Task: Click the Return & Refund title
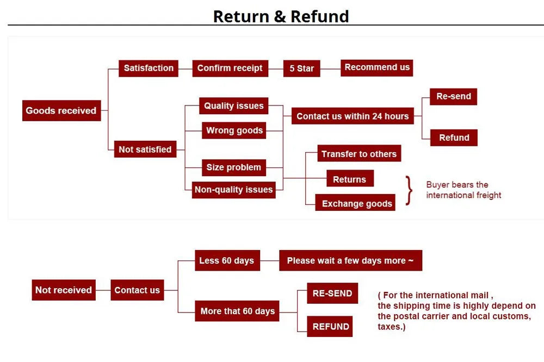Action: point(281,16)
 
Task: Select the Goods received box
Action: point(61,110)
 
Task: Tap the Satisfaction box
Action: point(149,68)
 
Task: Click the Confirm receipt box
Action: point(230,68)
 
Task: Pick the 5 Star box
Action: point(301,68)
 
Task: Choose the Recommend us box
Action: point(377,67)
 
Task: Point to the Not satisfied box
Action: point(145,149)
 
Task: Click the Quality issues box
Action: point(234,106)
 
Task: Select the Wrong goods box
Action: point(234,130)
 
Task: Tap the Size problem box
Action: point(234,167)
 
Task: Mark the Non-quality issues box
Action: point(234,190)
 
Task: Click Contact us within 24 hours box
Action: point(353,116)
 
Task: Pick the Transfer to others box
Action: point(359,154)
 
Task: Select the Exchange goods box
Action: point(357,203)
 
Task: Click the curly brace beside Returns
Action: point(409,190)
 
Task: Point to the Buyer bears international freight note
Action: point(463,190)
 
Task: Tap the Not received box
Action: point(63,290)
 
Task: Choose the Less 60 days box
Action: point(226,260)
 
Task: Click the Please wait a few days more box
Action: point(350,260)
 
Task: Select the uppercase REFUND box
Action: point(331,327)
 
